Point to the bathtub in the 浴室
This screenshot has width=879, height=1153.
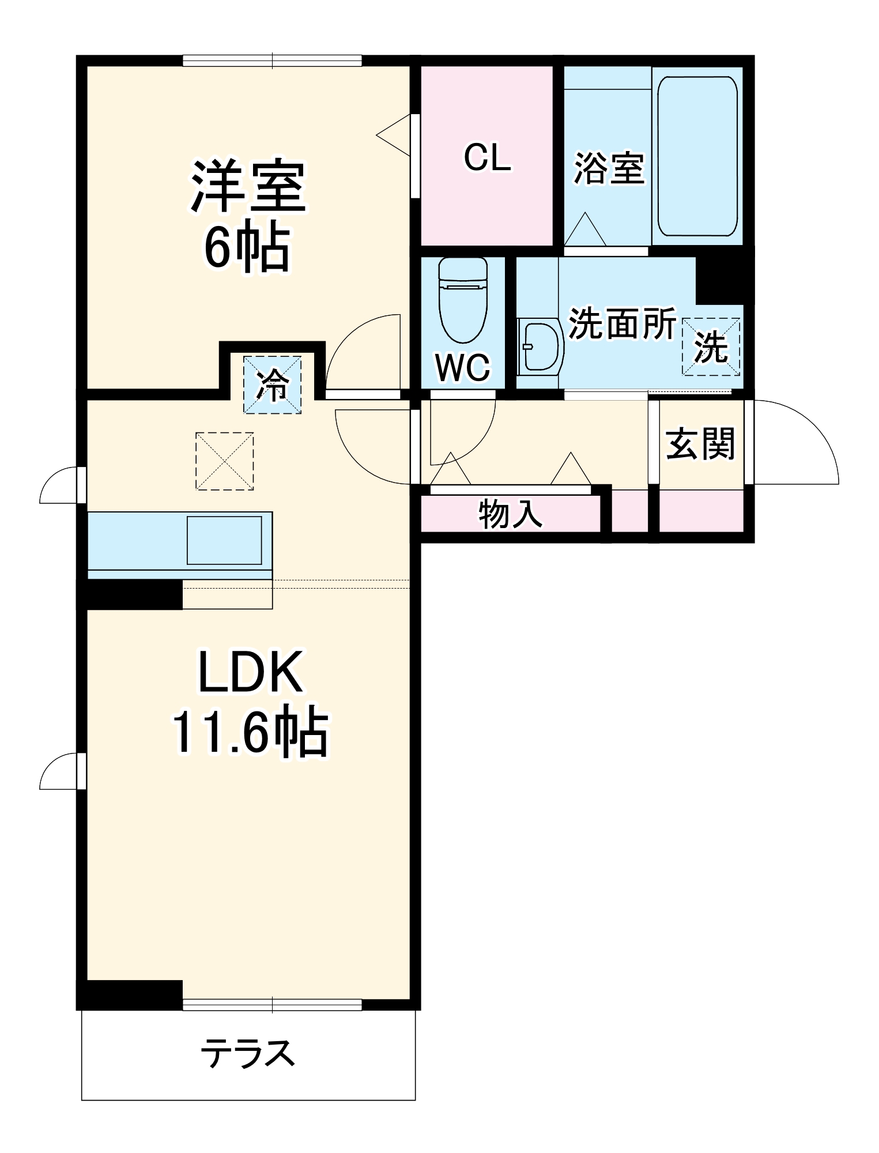(x=697, y=156)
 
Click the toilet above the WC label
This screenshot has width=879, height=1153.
(x=463, y=300)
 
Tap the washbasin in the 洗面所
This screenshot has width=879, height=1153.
(x=541, y=346)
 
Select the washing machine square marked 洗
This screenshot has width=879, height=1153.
(x=711, y=347)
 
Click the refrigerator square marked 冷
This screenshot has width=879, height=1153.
(x=272, y=385)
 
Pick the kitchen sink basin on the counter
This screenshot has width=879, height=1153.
(x=224, y=540)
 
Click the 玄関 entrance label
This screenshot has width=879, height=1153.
(x=700, y=443)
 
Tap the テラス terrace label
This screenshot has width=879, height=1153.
(x=248, y=1053)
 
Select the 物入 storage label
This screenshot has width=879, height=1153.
(x=510, y=514)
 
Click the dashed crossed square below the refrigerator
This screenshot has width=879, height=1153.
(x=225, y=461)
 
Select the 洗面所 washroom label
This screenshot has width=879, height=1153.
(x=622, y=324)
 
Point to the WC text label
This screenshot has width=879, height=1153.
(x=463, y=367)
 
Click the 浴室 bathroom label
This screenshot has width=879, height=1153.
(x=609, y=168)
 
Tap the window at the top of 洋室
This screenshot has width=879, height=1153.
(x=272, y=61)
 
